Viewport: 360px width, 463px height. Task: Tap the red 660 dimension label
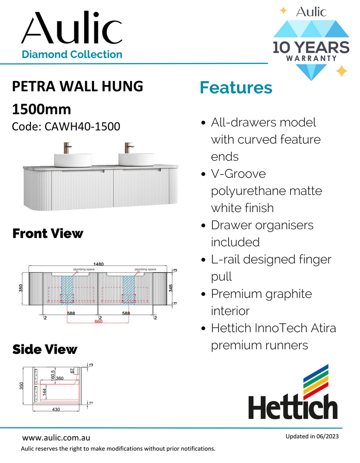tap(98, 321)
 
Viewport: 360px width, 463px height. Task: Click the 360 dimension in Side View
tap(60, 378)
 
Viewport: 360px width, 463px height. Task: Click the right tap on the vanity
tap(128, 149)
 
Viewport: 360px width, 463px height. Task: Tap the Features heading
tap(236, 88)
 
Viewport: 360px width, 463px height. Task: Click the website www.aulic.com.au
tap(56, 438)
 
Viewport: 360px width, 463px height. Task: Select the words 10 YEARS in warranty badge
tap(310, 48)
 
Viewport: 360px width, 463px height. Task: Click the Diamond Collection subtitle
tap(72, 54)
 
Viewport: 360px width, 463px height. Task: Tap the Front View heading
tap(48, 234)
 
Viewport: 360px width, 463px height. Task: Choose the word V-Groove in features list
tap(238, 174)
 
